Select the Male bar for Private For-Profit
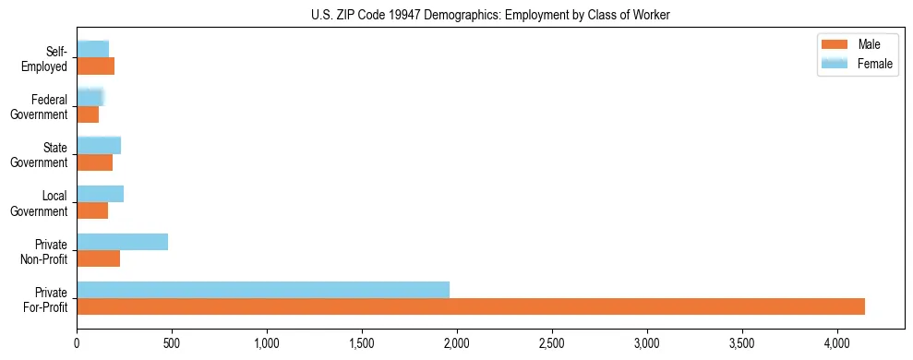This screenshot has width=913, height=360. [x=471, y=306]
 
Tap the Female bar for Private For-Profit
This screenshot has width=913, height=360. [x=263, y=290]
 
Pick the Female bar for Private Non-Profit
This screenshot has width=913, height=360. [x=122, y=242]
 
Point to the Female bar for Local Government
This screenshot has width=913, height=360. [x=100, y=194]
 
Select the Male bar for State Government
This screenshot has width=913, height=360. [x=94, y=162]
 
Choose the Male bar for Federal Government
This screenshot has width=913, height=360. [x=88, y=114]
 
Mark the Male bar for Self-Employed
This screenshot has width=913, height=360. [x=95, y=66]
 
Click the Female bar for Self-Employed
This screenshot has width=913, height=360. [x=92, y=48]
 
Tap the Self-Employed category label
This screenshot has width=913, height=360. [x=49, y=58]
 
